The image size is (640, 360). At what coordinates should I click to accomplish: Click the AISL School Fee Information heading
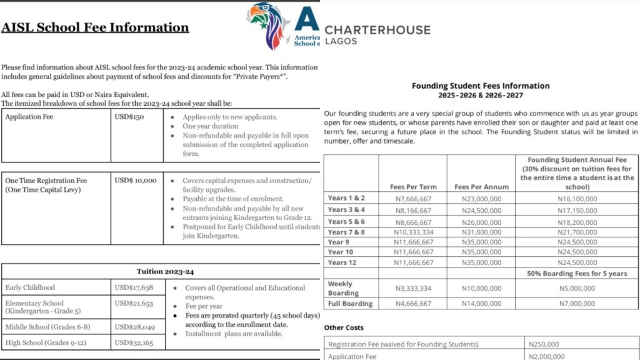(95, 27)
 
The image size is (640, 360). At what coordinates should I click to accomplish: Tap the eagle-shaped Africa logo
(267, 25)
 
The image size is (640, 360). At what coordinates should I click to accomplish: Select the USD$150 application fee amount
(129, 117)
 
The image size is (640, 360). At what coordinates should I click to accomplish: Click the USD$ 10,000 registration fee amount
(136, 180)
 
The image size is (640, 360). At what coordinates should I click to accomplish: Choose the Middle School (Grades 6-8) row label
(47, 327)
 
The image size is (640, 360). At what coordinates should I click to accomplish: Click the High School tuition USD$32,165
(134, 342)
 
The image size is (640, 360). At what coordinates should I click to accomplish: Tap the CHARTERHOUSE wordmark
(377, 29)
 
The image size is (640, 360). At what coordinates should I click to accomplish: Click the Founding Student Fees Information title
(481, 86)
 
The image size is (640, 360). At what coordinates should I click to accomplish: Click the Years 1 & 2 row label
(347, 198)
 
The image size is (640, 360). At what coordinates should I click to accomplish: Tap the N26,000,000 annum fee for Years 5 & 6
(481, 222)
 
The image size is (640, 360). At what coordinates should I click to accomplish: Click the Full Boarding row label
(350, 304)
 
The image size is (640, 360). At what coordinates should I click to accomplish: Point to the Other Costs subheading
(344, 327)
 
